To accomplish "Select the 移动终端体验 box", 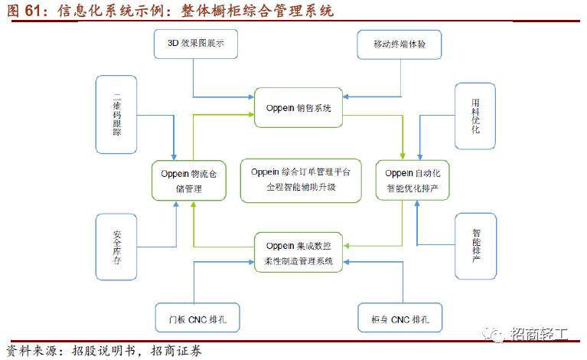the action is click(x=401, y=45).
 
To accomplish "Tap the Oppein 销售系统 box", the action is click(x=297, y=109).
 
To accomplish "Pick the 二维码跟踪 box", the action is click(x=116, y=114).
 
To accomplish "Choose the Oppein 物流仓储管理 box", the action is click(x=189, y=180).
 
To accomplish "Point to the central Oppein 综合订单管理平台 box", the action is click(x=300, y=180).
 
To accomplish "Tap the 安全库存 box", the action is click(x=116, y=246).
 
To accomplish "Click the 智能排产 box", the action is click(x=476, y=246).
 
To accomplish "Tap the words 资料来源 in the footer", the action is click(x=29, y=352).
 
